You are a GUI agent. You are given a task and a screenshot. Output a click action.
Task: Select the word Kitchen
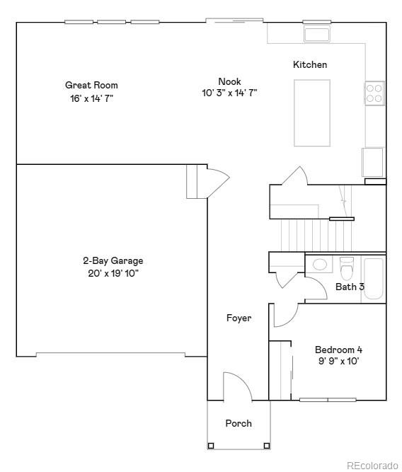(x=310, y=64)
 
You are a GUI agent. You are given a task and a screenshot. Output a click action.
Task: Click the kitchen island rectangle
(x=312, y=113)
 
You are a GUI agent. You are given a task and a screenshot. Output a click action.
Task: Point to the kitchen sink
(x=316, y=34)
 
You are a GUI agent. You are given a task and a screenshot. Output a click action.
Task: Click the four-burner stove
(x=374, y=93)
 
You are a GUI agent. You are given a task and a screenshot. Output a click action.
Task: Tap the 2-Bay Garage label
(x=113, y=260)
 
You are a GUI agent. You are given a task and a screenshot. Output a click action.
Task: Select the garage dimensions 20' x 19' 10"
(x=113, y=273)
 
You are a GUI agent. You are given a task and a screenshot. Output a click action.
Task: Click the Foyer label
(x=239, y=318)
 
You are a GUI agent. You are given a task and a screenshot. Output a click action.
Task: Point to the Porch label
(x=239, y=423)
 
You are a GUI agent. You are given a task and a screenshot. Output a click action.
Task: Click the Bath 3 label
(x=350, y=287)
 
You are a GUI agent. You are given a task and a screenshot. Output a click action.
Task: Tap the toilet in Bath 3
(x=346, y=269)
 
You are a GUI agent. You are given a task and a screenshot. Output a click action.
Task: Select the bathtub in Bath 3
(x=372, y=280)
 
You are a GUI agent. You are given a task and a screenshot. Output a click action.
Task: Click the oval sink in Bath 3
(x=320, y=265)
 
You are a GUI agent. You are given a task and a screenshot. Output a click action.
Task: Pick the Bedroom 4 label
(x=338, y=350)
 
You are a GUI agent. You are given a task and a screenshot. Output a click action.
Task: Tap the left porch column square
(x=210, y=446)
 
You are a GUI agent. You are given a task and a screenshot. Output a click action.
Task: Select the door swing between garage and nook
(x=217, y=181)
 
